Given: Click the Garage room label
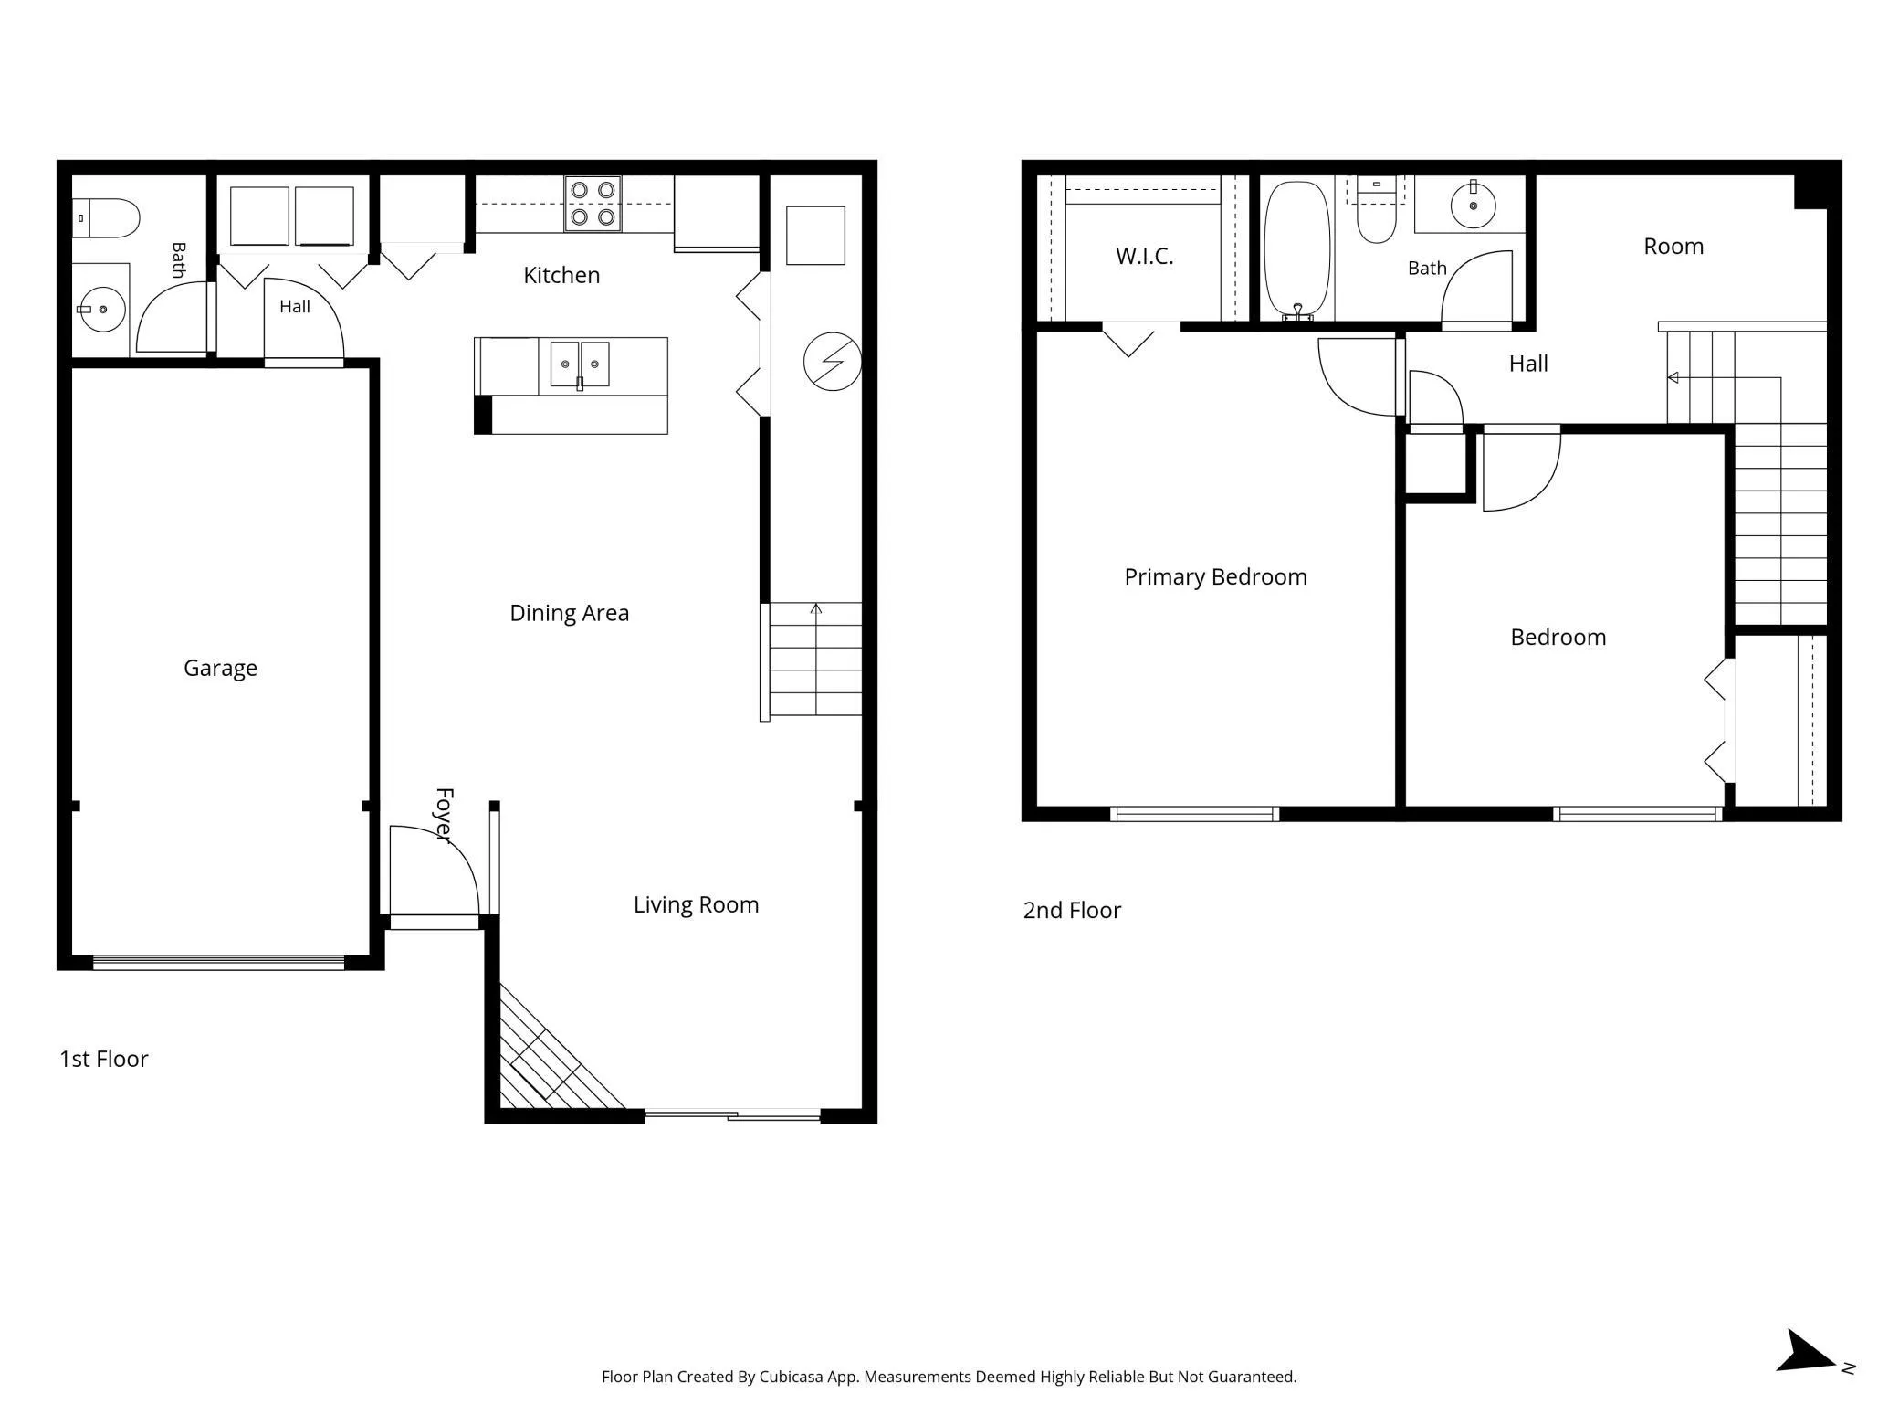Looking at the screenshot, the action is tap(220, 669).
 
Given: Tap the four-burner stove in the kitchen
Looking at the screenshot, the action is tap(593, 204).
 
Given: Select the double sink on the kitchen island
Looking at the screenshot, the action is tap(580, 364).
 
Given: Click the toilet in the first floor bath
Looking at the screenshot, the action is tap(106, 218).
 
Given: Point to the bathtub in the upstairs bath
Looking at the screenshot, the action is tap(1297, 249).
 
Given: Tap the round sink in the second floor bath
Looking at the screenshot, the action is tap(1472, 205).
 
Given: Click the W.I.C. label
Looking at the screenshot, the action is tap(1145, 256).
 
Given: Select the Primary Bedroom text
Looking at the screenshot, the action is tap(1215, 577).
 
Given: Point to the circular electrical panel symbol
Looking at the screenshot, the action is tap(832, 362).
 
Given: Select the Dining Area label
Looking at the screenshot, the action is tap(570, 613).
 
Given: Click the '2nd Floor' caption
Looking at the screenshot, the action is tap(1072, 911).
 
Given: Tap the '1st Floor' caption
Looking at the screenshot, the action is tap(104, 1060).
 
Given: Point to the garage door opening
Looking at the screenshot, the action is tap(219, 962).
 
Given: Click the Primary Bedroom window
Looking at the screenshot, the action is tap(1194, 814).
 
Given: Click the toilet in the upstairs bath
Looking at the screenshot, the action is tap(1376, 213).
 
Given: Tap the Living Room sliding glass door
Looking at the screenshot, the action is tap(732, 1114).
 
